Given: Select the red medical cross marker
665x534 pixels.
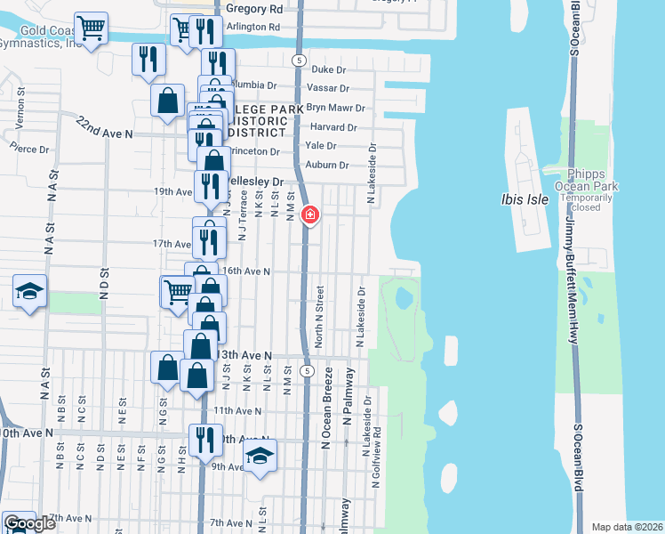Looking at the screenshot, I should pos(309,214).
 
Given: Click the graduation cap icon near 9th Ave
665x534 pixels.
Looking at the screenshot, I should pos(260,457).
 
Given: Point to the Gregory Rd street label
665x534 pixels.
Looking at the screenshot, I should pos(254,8).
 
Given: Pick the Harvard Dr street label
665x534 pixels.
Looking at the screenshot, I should pos(332,127).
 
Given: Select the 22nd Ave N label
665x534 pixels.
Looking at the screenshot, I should pos(104,127).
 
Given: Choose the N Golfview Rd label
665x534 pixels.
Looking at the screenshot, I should pos(377,474).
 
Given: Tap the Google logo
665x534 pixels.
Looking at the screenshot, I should pos(29,523).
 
